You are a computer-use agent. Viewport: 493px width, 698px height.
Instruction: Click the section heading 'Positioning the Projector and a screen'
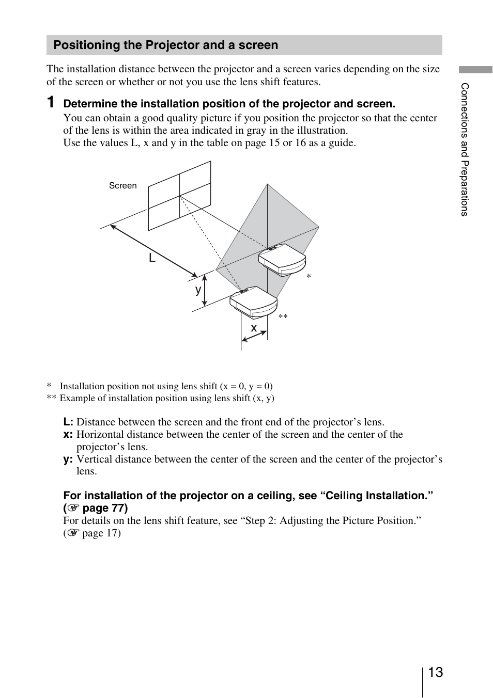coord(166,45)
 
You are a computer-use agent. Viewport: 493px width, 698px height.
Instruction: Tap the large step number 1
coord(51,102)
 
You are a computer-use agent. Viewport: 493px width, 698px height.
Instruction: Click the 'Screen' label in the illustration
coord(122,186)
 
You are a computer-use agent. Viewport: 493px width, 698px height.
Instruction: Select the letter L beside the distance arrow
coord(152,258)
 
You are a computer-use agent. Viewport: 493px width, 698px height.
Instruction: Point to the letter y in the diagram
coord(198,290)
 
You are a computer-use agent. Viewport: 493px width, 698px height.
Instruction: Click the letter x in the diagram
coord(254,328)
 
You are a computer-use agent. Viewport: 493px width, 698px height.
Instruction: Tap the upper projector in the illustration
coord(282,260)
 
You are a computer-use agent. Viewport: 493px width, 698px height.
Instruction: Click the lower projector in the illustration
coord(253,302)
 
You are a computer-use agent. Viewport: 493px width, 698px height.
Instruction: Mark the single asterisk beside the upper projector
coord(309,277)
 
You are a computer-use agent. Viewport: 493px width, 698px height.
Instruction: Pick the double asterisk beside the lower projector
coord(283,316)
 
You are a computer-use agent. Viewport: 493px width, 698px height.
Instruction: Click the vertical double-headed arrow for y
coord(205,290)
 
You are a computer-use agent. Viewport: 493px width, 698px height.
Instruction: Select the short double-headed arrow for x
coord(254,336)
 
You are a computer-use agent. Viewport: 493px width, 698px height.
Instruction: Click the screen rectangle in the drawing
coord(179,196)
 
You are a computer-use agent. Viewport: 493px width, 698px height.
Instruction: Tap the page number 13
coord(435,672)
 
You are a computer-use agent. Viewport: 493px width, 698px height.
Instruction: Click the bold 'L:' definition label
coord(68,422)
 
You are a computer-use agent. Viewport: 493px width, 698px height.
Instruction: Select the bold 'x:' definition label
coord(68,435)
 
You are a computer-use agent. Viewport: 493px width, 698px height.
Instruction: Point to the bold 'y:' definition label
coord(68,459)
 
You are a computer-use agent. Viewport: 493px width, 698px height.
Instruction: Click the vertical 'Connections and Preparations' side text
coord(465,150)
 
